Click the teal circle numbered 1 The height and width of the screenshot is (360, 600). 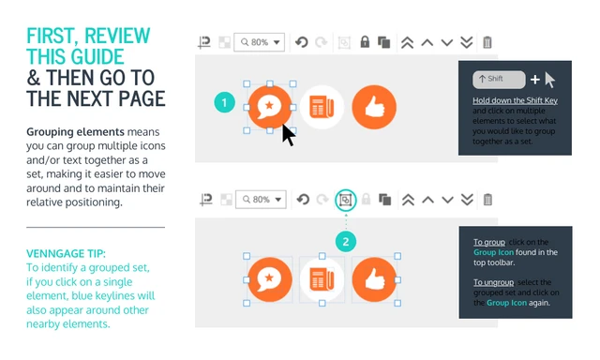(224, 102)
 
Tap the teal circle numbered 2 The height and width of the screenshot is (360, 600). (346, 241)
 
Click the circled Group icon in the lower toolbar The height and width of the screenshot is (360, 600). (346, 200)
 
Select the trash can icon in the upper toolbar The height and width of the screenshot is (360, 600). (487, 42)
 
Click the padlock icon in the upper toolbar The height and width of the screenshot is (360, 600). (365, 41)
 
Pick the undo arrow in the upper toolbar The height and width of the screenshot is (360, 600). (302, 42)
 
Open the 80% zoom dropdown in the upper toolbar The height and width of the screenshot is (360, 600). (259, 42)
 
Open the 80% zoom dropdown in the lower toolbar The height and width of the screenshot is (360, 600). (261, 200)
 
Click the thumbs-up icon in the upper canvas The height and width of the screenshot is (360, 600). (374, 107)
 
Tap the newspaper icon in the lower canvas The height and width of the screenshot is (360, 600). (322, 279)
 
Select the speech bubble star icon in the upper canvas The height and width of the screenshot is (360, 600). (270, 107)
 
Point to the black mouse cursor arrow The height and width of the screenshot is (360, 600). (288, 135)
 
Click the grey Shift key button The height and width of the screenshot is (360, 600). (499, 79)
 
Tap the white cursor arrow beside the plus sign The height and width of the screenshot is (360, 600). (550, 80)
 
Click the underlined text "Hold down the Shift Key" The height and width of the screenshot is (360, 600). (515, 100)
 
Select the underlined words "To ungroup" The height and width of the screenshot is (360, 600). (494, 282)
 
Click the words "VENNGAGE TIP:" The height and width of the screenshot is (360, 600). (66, 254)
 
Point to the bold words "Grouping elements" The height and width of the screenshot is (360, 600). (75, 132)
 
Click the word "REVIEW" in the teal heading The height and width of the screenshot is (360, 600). (117, 37)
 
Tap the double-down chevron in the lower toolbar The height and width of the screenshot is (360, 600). (467, 200)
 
